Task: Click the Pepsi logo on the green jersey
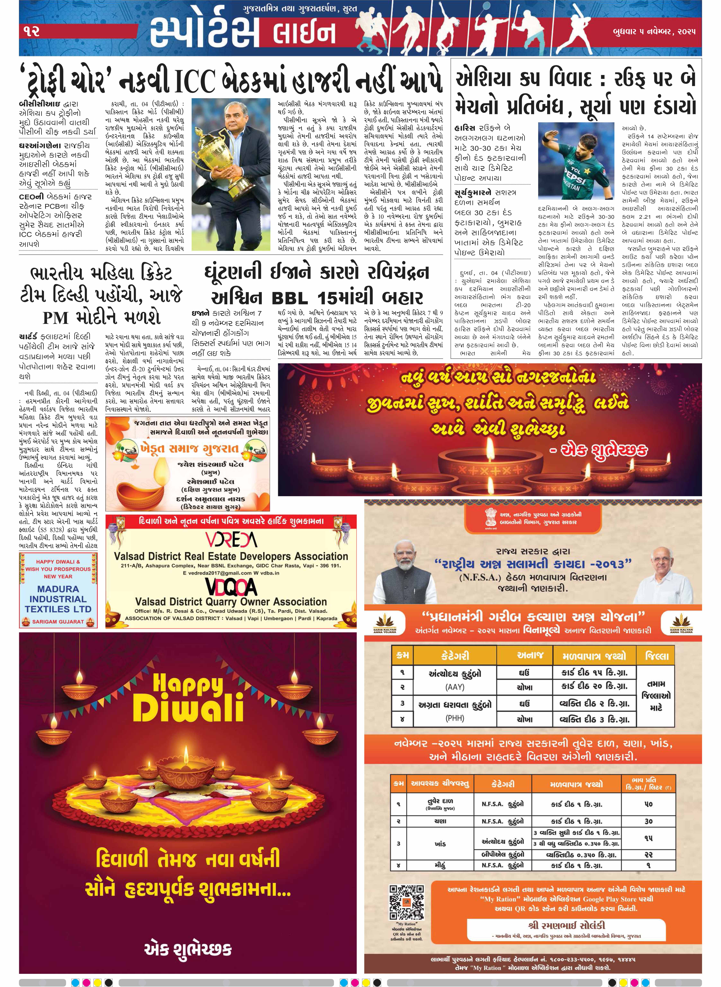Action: point(576,175)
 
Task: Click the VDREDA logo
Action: point(231,540)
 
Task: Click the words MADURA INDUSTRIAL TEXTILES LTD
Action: point(58,599)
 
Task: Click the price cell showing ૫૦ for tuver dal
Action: point(648,804)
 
